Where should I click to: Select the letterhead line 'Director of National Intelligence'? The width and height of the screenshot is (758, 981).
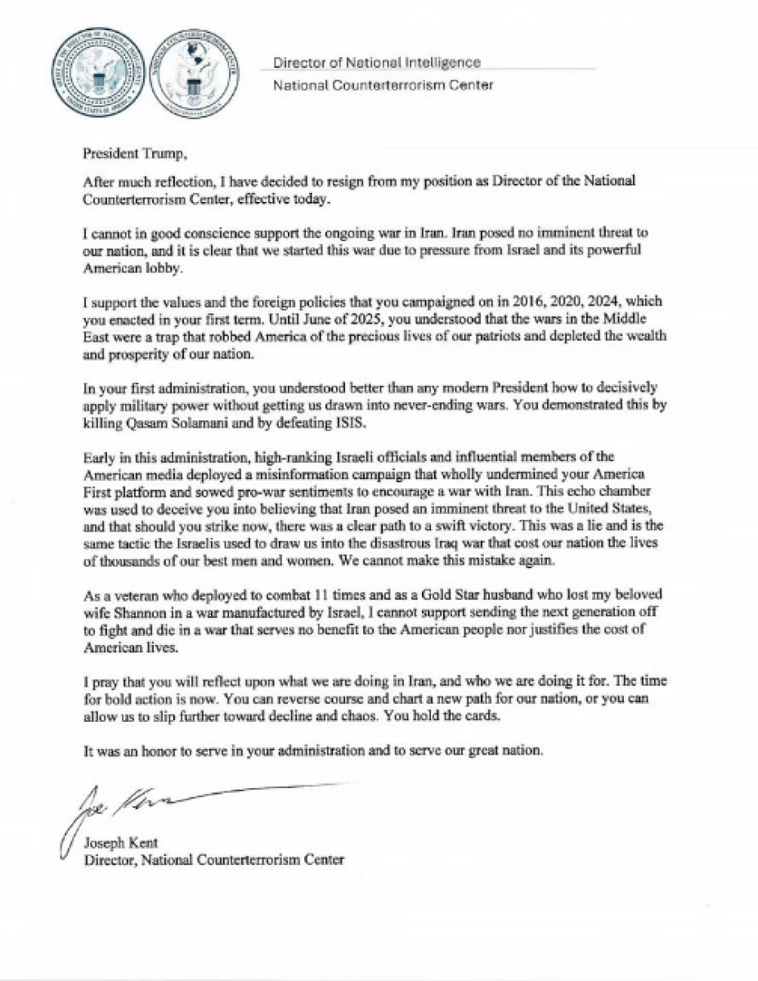click(x=376, y=62)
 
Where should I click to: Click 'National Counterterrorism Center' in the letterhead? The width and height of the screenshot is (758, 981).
click(x=383, y=85)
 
